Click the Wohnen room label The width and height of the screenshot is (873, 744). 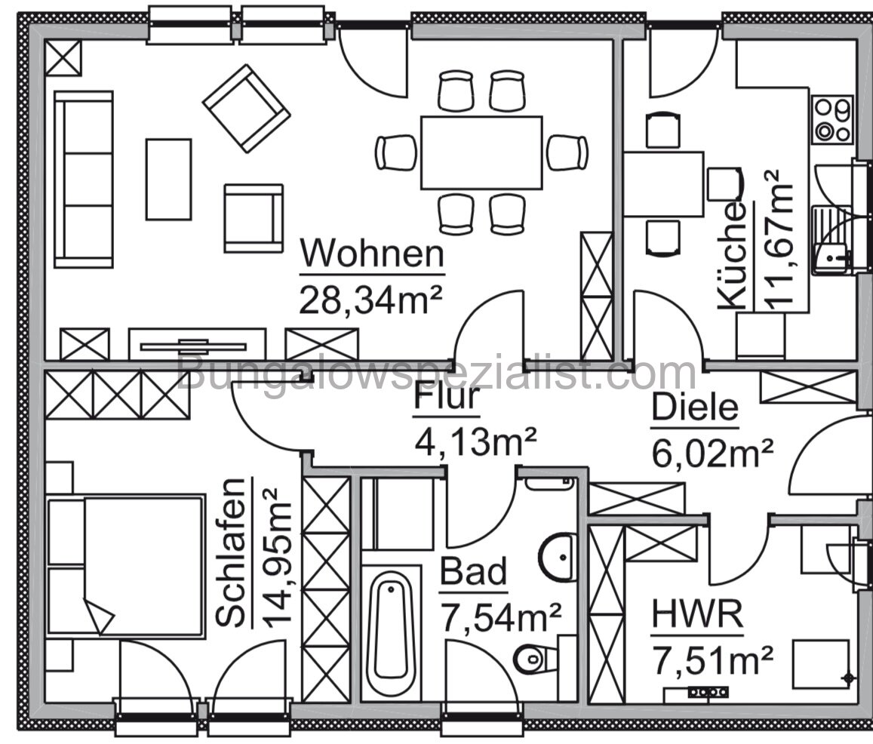tap(373, 255)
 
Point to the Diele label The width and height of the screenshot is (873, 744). tap(694, 408)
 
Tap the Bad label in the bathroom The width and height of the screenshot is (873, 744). tap(474, 573)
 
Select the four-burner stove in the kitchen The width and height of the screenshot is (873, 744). tap(832, 119)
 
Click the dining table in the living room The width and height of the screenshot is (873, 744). tap(481, 152)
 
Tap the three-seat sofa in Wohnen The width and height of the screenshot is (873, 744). tap(83, 180)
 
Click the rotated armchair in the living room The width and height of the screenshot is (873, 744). tap(246, 108)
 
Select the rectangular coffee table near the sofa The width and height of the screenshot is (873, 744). tap(168, 179)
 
